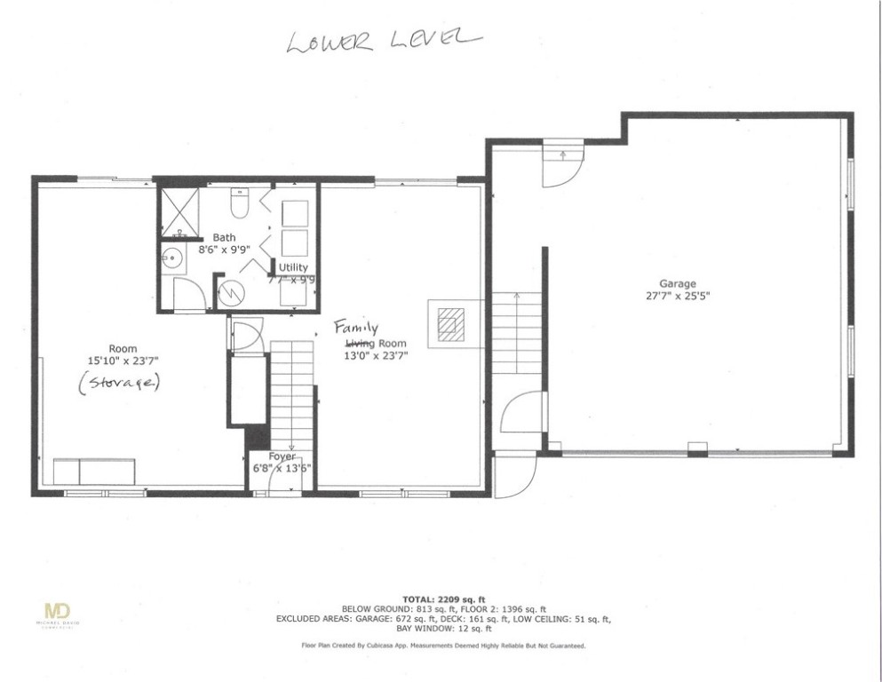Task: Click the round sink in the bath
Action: [172, 258]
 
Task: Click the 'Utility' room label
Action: [293, 266]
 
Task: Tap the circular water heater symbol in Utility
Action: [232, 289]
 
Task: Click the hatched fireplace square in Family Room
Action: [450, 324]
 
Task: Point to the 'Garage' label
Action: [677, 284]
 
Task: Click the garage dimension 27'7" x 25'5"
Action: [677, 297]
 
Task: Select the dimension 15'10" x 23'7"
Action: [123, 361]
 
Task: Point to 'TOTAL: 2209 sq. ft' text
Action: [442, 599]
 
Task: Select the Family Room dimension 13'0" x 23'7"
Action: [375, 356]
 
